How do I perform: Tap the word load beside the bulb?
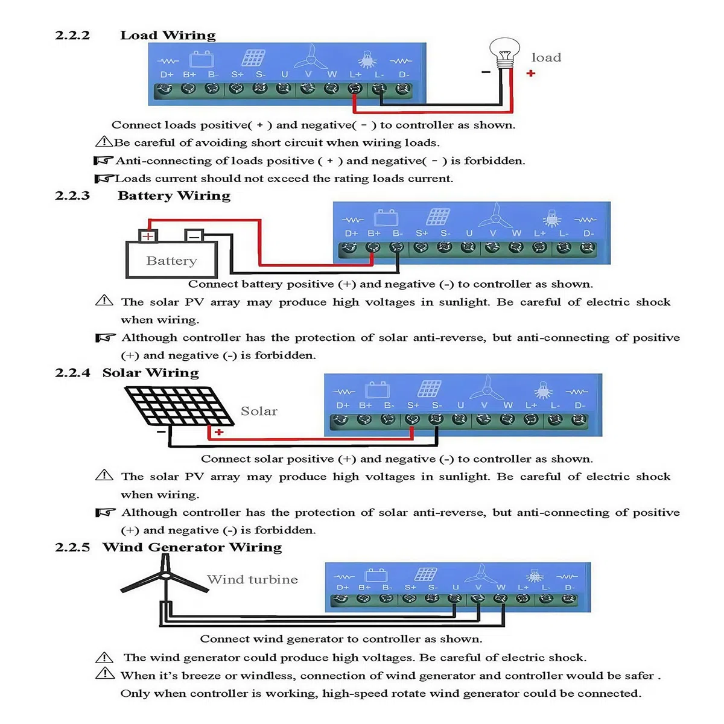pos(546,57)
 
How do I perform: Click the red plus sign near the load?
pos(530,73)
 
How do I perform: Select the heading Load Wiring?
pos(168,36)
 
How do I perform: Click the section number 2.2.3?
pos(72,195)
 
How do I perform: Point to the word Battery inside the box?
pos(171,261)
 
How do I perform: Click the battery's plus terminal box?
pos(148,236)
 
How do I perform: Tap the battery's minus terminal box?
pos(194,236)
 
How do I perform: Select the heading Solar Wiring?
pos(151,373)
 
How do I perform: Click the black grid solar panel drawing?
pos(179,406)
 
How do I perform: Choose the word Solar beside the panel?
pos(259,411)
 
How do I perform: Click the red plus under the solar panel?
pos(219,432)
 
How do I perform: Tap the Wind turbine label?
pos(252,579)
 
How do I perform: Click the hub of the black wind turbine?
pos(165,575)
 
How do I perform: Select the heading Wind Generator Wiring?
pos(192,547)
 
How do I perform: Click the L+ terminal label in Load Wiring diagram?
pos(355,74)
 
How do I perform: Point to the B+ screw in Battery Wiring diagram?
pos(373,247)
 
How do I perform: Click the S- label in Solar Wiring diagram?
pos(437,405)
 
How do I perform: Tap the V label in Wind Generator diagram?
pos(478,587)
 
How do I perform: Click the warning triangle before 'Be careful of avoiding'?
pos(104,141)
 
